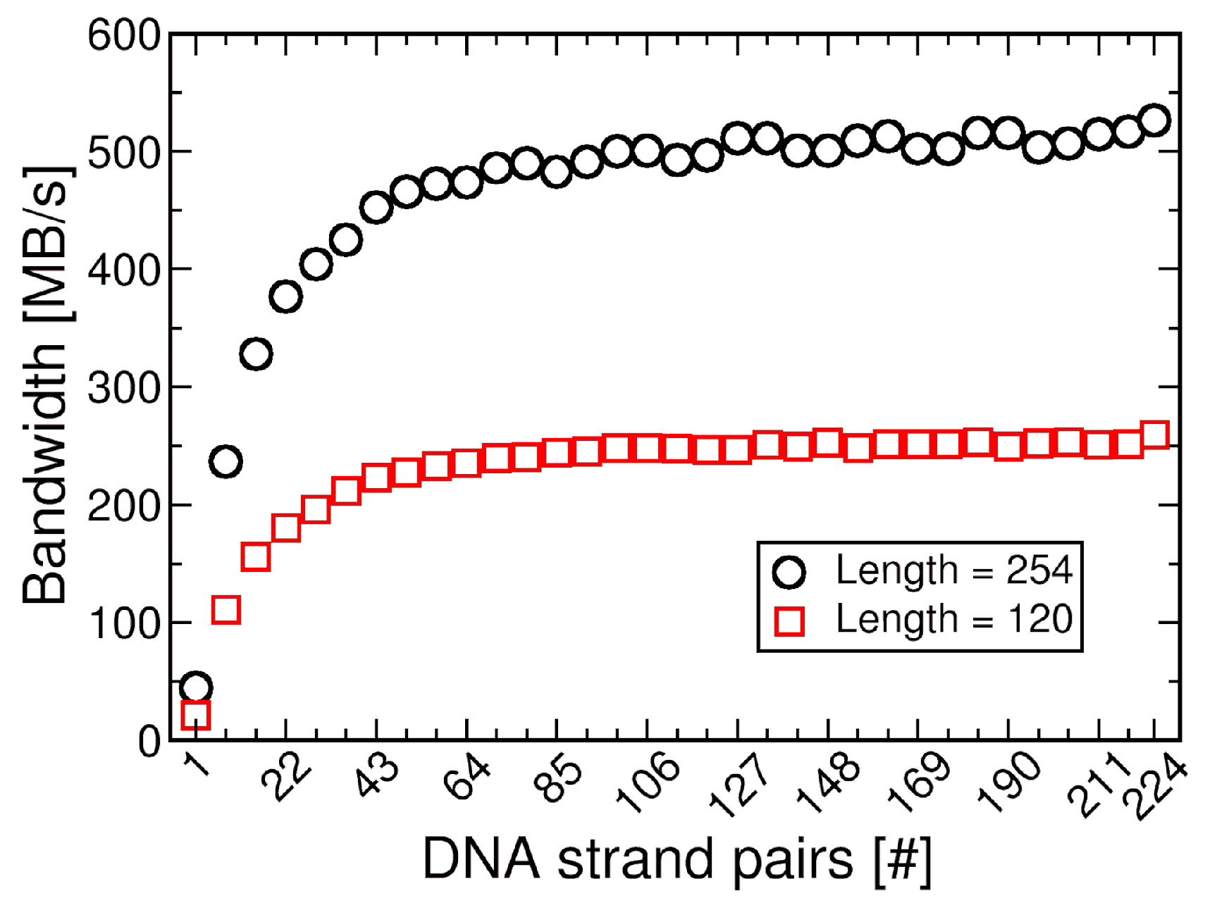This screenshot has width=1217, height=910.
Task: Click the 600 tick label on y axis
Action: [x=125, y=35]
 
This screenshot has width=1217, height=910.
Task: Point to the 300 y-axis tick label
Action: [x=125, y=388]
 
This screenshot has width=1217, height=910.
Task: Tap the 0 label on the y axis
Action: [x=149, y=742]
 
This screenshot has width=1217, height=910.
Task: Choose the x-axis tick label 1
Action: [x=198, y=764]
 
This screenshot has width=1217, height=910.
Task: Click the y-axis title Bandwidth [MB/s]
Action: [x=47, y=386]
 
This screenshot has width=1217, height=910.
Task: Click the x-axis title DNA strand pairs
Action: [x=677, y=859]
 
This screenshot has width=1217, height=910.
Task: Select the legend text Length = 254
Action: [x=954, y=570]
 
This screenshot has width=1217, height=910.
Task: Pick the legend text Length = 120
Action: [x=954, y=619]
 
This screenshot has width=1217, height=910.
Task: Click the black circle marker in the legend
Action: [x=789, y=572]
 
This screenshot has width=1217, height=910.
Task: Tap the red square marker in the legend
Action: [x=789, y=621]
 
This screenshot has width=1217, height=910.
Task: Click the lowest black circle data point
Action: [x=196, y=687]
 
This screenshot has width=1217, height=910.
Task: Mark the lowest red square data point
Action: [x=196, y=715]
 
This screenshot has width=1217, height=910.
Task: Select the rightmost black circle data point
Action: [x=1154, y=120]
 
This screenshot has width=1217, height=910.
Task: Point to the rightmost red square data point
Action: [x=1154, y=435]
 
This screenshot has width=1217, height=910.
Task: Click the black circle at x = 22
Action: [x=285, y=297]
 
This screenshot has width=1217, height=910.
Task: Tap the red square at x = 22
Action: [x=285, y=527]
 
